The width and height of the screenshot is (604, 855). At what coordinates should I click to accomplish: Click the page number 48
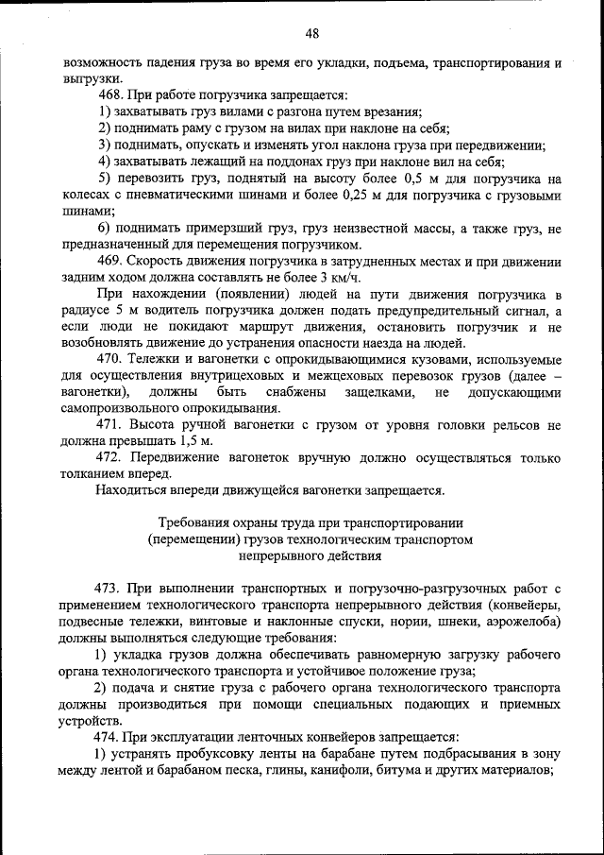point(311,34)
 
